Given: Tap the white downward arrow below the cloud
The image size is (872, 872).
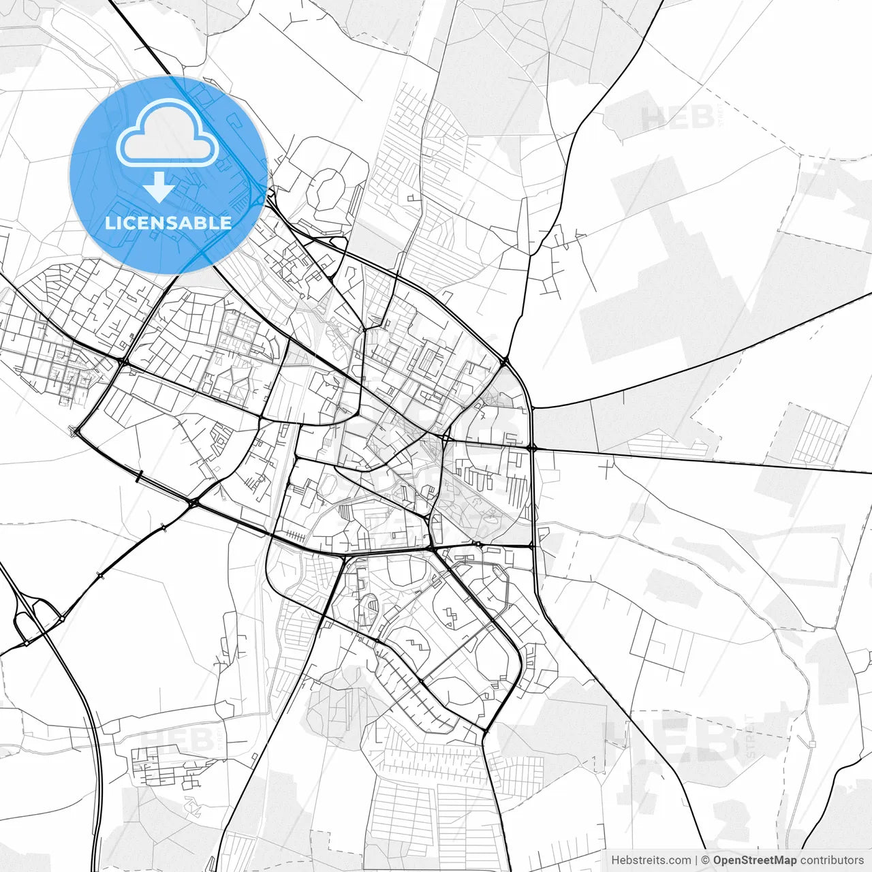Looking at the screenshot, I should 159,187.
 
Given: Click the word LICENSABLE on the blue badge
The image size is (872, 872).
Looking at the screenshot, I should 168,223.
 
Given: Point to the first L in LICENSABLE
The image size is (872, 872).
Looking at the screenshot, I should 109,223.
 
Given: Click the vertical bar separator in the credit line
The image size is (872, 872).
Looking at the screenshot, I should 696,860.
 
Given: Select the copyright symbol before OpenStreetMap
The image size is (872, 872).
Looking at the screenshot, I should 706,860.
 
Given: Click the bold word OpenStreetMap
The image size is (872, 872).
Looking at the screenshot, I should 754,860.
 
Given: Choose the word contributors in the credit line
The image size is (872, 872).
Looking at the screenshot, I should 832,860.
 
